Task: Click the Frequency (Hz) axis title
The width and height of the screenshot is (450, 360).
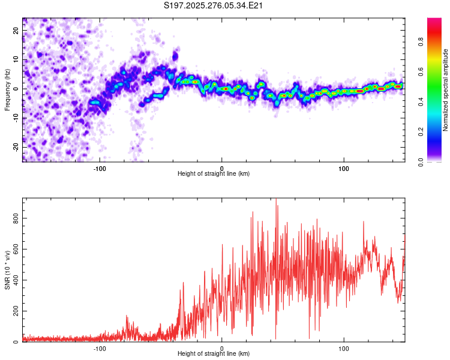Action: [x=8, y=89]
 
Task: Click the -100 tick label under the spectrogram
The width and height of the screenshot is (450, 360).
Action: [x=100, y=167]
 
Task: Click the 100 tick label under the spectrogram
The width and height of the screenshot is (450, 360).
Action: [x=344, y=167]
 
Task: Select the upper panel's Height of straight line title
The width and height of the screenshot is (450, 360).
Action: [x=214, y=174]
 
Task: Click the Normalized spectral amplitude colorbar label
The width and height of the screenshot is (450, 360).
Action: [x=446, y=90]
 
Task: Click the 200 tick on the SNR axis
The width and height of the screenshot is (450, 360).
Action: [x=16, y=311]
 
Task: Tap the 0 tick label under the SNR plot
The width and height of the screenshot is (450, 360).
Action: [x=222, y=347]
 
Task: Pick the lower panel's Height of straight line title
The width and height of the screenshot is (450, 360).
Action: [x=214, y=354]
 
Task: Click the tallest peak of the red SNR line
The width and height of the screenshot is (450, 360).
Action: [x=276, y=200]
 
